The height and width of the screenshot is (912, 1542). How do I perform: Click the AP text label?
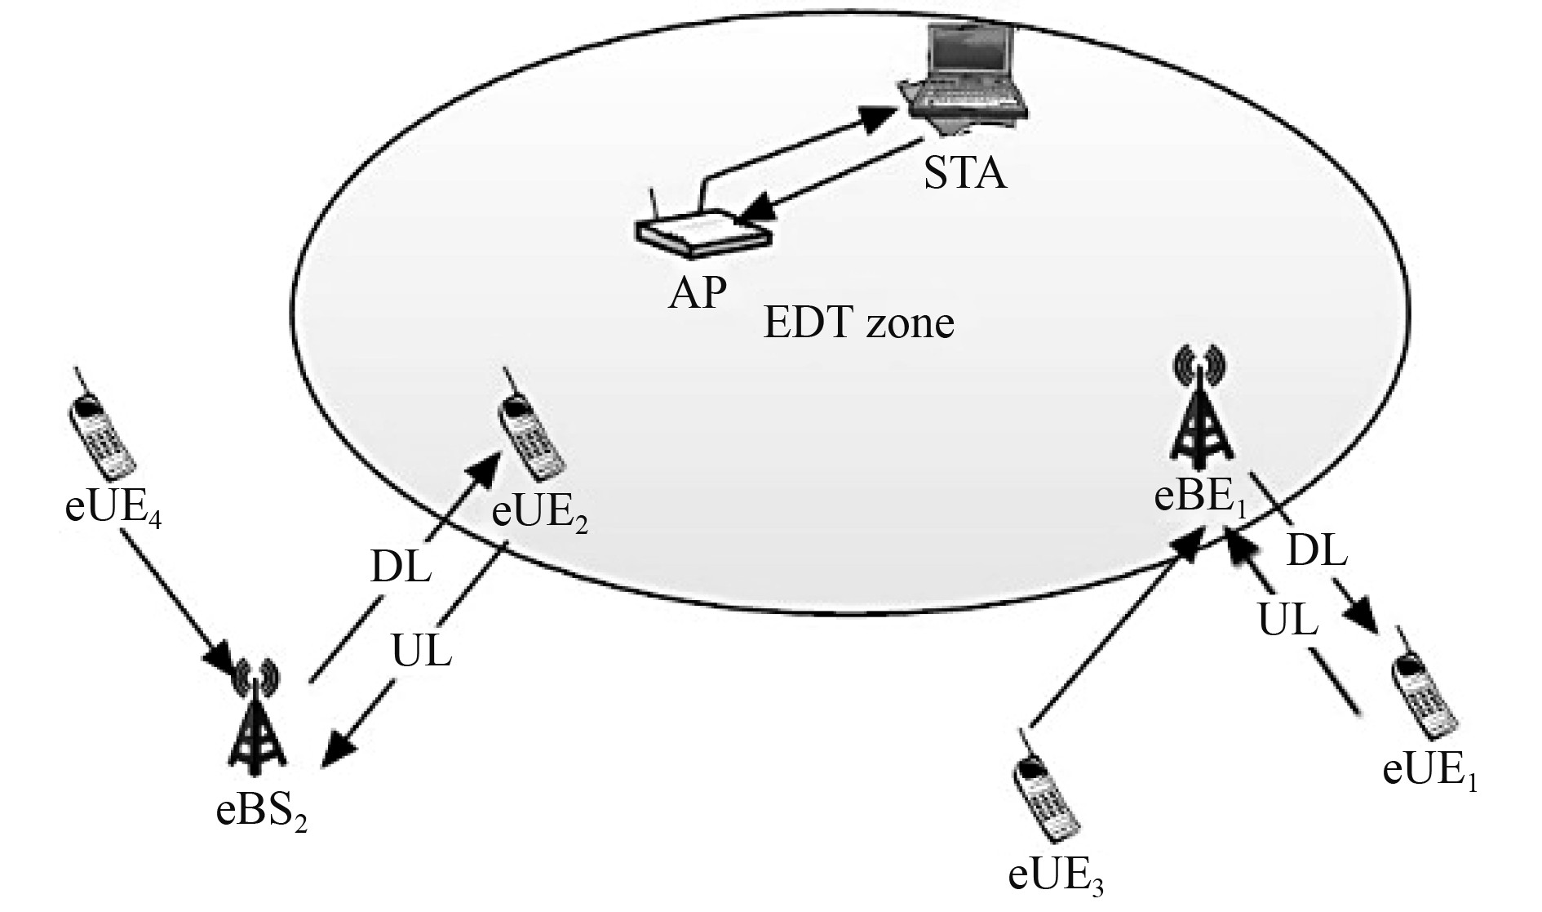click(697, 293)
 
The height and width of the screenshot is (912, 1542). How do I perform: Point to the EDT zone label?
click(858, 323)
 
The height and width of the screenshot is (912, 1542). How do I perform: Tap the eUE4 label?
click(113, 508)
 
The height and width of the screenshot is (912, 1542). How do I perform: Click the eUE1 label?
click(1430, 771)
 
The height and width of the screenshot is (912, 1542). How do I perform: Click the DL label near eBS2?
click(400, 567)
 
